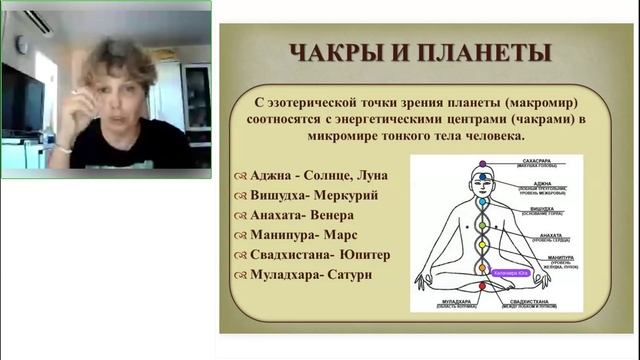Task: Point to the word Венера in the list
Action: [339, 215]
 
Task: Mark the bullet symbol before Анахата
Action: [240, 215]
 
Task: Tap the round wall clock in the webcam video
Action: [19, 44]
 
